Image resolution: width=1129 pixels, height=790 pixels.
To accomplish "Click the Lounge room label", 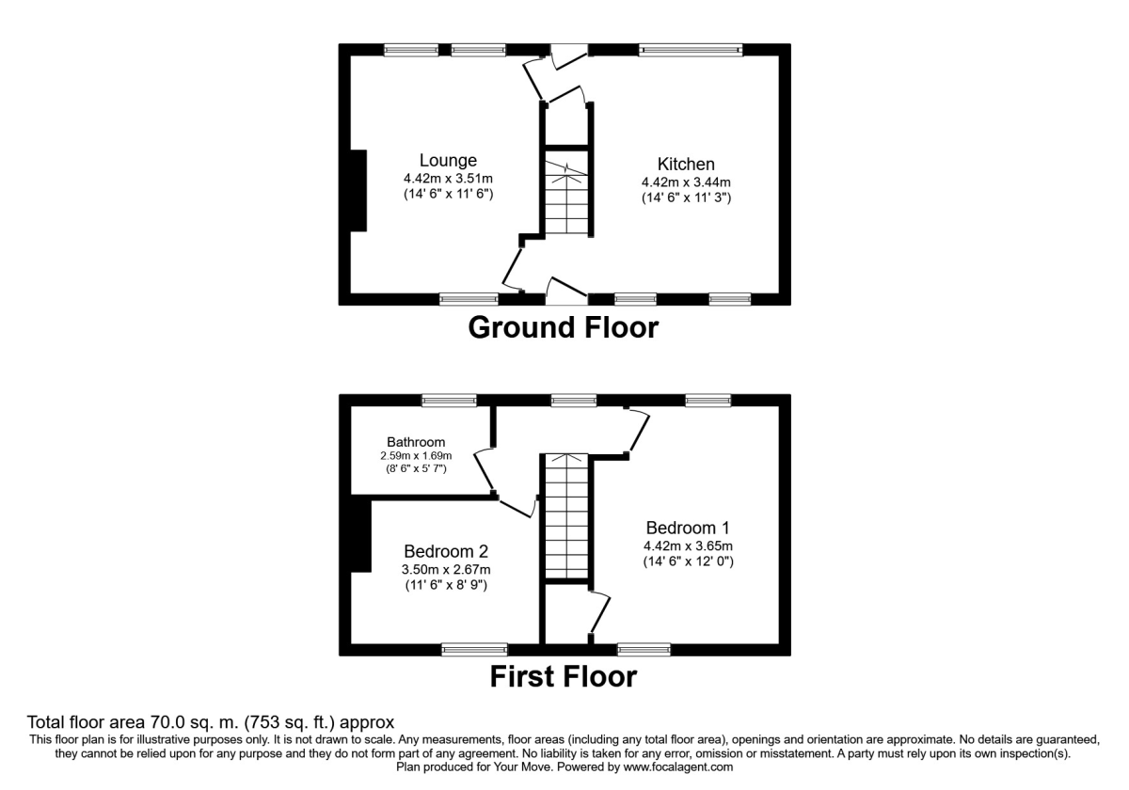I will pos(448,161).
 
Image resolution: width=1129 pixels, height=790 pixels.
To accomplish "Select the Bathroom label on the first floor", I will pos(416,442).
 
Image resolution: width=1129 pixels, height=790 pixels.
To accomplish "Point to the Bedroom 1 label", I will pos(688,528).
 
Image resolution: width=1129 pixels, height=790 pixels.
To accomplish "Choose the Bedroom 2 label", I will pos(446,551).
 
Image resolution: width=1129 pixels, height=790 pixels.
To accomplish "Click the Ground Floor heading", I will pos(563,328).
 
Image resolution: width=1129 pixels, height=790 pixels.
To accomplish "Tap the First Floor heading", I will pos(563,676).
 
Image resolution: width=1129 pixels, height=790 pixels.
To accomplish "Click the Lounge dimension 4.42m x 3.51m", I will pos(448,179).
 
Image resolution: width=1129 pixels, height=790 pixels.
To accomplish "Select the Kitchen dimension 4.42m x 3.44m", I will pos(686,182).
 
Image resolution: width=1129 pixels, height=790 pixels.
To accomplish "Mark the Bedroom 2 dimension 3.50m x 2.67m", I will pos(446,569).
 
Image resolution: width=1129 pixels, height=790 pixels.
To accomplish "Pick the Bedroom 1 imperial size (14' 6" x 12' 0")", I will pos(686,561).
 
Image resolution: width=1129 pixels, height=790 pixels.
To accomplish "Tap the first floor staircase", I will pos(566,516).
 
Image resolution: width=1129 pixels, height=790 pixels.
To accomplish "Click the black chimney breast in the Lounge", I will pos(358,190).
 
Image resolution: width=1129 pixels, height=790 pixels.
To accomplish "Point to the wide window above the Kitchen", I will pos(691,50).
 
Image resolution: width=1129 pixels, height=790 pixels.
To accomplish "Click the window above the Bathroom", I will pos(449,401).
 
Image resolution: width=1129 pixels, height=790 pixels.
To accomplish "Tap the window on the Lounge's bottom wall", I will pos(469,299).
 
